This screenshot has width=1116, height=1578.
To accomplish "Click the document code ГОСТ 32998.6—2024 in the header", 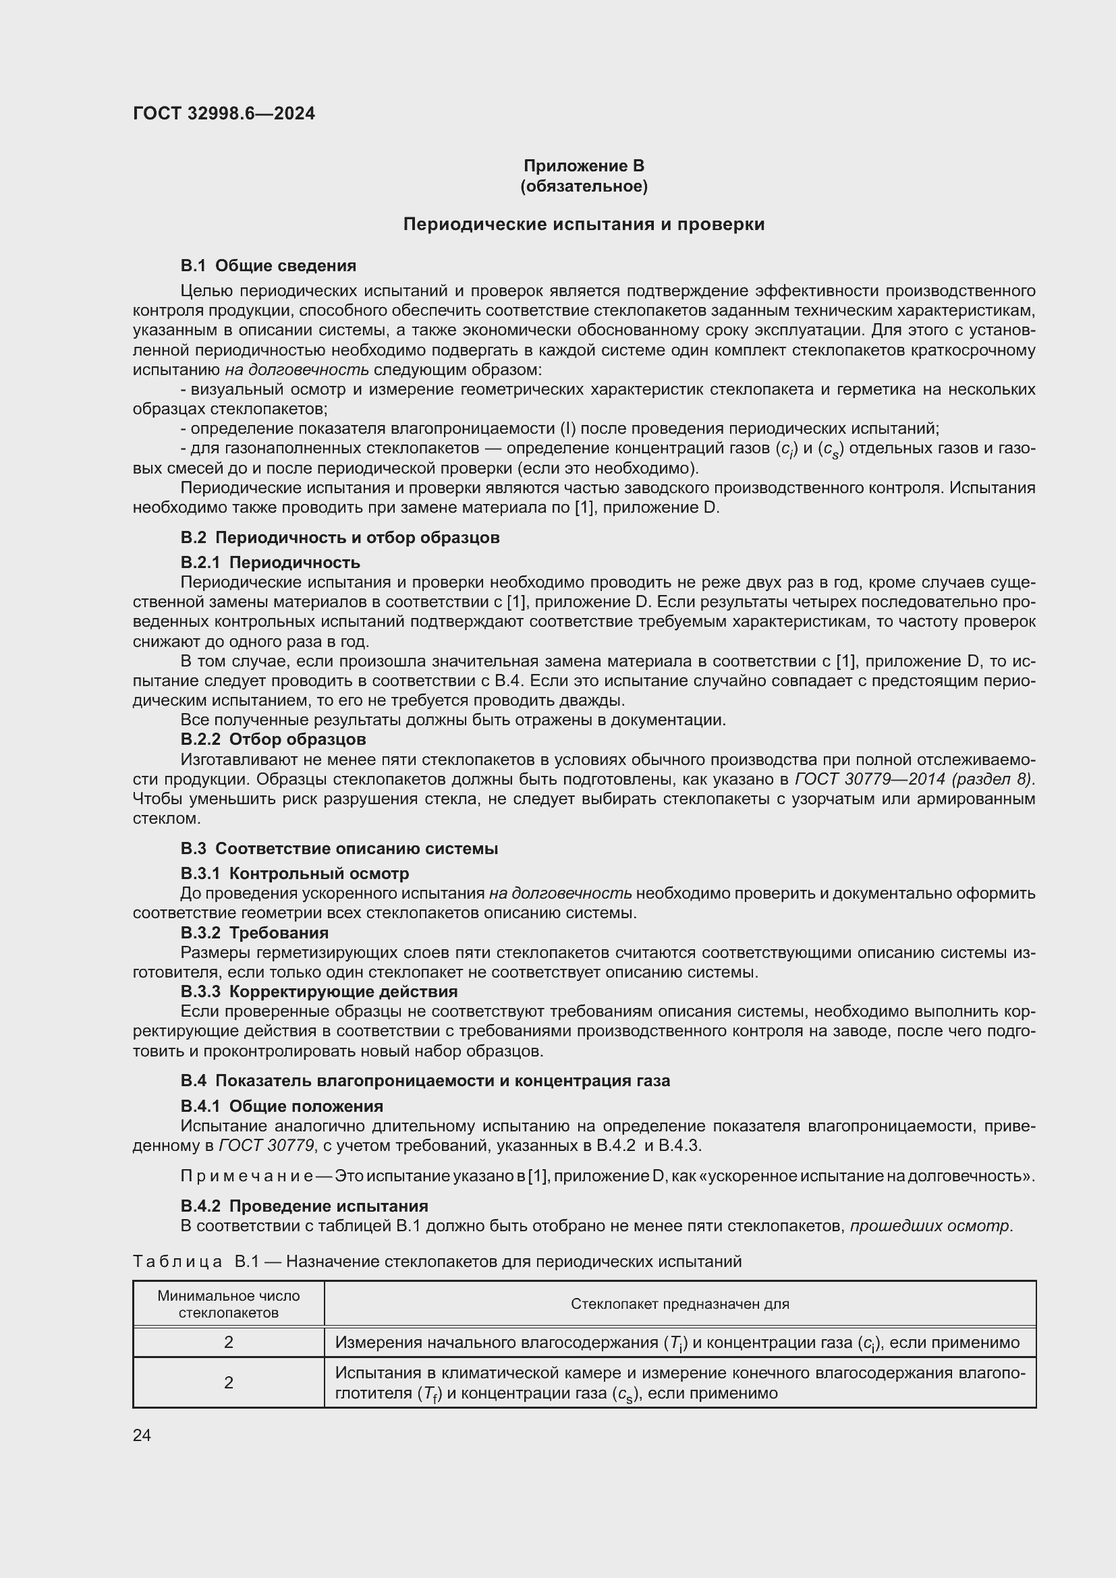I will tap(223, 113).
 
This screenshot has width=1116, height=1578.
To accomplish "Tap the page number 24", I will tap(142, 1435).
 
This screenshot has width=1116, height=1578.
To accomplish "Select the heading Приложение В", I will tap(584, 166).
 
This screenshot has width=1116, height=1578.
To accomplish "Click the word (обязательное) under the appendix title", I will tap(584, 186).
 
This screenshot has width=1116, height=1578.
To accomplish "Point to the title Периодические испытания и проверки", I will tap(584, 224).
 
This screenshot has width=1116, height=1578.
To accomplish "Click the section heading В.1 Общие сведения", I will tap(268, 265).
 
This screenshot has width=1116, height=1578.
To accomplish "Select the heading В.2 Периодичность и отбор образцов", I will tap(339, 538).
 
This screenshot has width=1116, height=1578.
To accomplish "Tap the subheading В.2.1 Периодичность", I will tap(270, 562).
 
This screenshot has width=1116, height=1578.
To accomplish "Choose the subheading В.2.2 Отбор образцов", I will tap(273, 739).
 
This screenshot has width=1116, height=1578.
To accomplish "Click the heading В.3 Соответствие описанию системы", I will tap(339, 848).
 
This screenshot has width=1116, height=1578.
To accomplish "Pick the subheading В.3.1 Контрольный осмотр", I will tap(294, 874).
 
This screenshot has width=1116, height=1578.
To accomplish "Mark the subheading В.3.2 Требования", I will tap(254, 932).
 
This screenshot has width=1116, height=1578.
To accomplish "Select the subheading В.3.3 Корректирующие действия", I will tap(319, 992).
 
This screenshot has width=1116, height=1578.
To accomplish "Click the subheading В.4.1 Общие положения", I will tap(282, 1106).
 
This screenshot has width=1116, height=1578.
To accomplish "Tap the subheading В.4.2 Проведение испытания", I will tap(304, 1206).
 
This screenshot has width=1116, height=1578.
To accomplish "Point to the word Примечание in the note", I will tap(246, 1176).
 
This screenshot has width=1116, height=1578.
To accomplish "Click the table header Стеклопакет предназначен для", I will tap(679, 1304).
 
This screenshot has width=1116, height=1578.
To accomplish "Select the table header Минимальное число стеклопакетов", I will tap(228, 1304).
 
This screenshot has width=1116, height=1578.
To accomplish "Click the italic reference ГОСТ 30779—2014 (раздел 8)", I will tap(914, 779).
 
